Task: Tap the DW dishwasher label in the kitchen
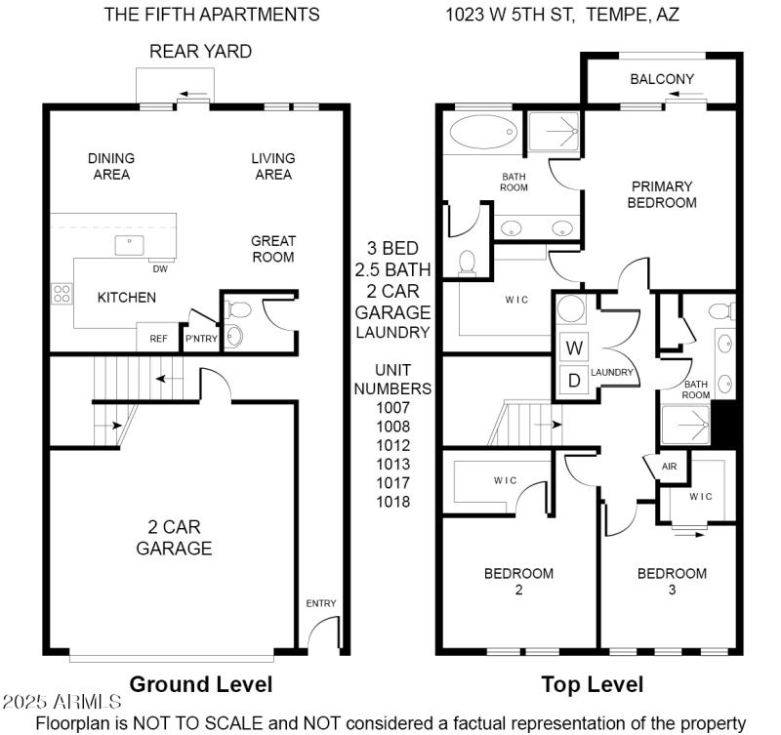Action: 159,268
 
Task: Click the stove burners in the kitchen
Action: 61,293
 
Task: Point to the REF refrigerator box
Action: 158,339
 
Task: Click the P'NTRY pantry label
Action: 201,339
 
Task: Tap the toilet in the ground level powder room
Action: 236,309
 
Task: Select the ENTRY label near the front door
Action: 321,603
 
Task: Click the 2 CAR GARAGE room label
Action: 174,537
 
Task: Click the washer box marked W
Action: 574,347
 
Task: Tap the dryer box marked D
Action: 574,380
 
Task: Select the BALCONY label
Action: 661,79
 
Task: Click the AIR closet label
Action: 669,467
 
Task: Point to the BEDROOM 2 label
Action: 518,581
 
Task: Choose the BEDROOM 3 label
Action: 672,581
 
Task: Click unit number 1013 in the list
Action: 392,464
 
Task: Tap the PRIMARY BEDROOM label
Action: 661,194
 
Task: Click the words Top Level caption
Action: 593,684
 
